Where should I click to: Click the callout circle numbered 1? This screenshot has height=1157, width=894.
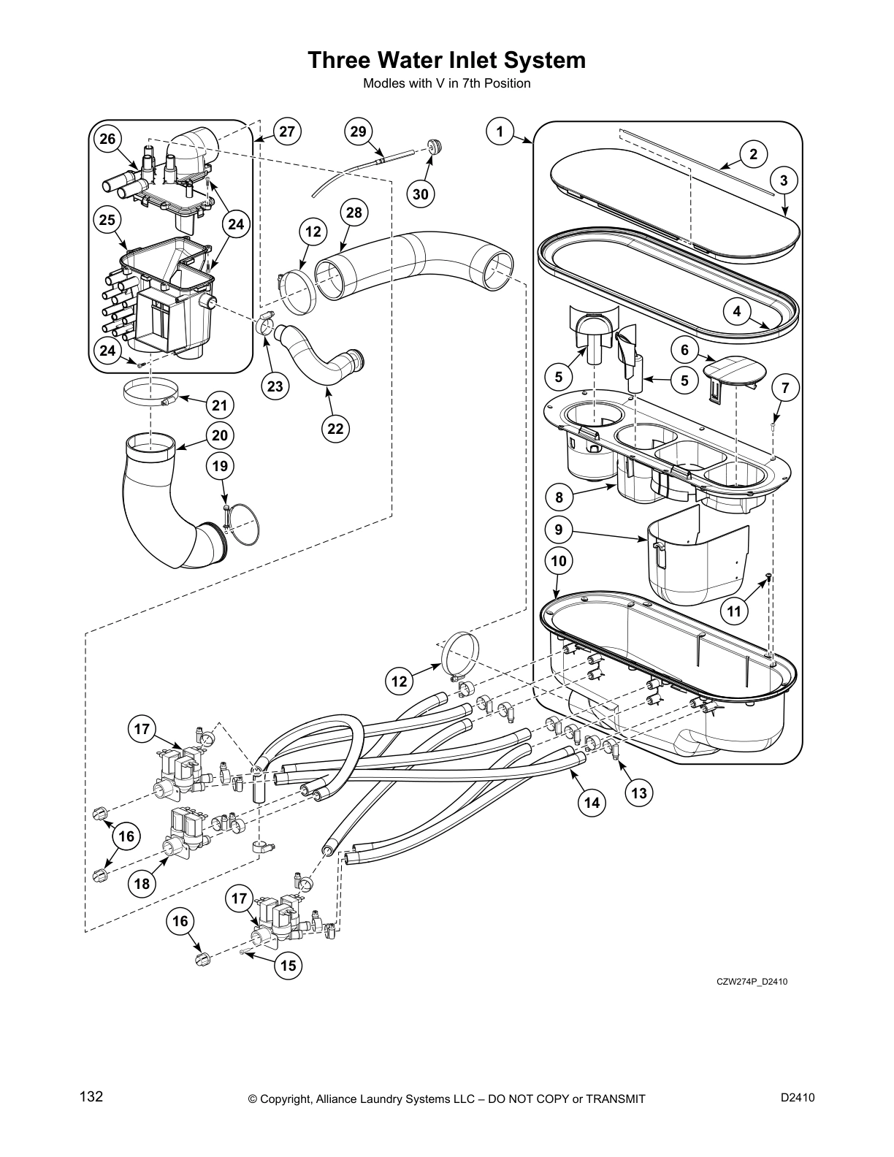tap(500, 132)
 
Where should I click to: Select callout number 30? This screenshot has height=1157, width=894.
tap(421, 194)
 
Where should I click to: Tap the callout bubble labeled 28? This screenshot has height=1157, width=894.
tap(354, 213)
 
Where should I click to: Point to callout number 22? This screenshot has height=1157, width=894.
tap(335, 429)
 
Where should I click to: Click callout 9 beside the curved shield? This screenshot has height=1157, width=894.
tap(559, 529)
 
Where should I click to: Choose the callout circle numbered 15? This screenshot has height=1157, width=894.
tap(289, 966)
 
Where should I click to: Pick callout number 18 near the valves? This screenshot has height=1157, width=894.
tap(142, 884)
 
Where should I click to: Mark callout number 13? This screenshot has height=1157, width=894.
tap(639, 793)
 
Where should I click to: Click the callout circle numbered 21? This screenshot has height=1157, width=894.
tap(220, 405)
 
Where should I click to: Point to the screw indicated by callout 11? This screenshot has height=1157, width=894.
tap(768, 578)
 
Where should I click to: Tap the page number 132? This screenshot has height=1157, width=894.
tap(91, 1096)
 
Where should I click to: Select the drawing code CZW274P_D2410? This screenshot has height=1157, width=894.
tap(752, 981)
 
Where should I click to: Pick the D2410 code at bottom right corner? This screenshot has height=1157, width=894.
tap(798, 1096)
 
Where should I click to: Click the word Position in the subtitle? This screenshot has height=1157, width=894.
tap(506, 83)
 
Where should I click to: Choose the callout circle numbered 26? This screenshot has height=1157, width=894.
tap(107, 139)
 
